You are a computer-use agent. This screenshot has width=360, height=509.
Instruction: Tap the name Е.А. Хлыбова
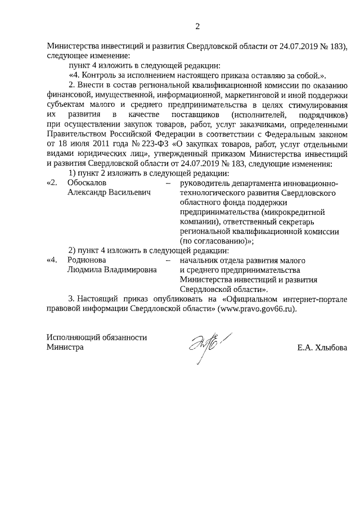[x=322, y=348]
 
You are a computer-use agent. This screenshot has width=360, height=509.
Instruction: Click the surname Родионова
[x=87, y=260]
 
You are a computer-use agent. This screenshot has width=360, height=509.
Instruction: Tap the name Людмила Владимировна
[x=111, y=270]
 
